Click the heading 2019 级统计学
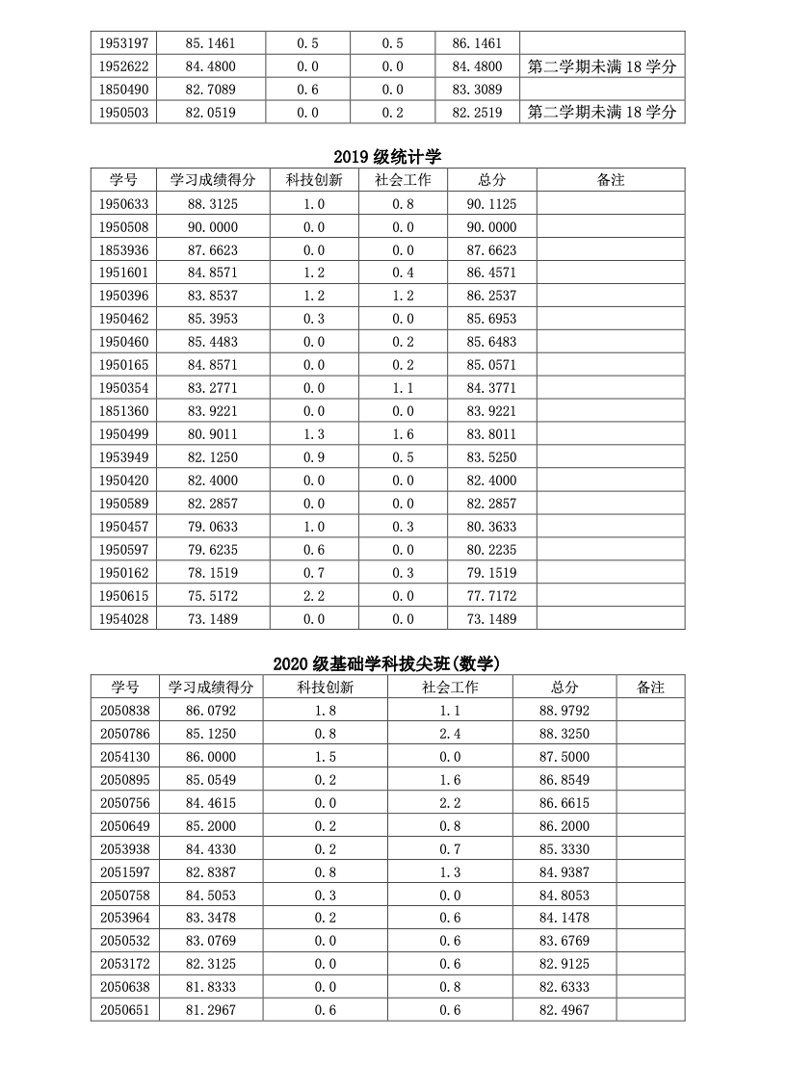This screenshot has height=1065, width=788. point(387,157)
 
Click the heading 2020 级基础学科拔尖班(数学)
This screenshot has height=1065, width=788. point(387,663)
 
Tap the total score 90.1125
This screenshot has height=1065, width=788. point(491,204)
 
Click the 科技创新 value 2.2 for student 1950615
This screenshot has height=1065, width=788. point(314,596)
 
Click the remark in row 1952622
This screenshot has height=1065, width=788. point(602,66)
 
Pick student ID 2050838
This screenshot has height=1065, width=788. point(125,711)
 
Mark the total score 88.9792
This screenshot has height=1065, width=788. point(565,711)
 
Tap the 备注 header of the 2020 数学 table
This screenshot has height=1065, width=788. point(651,688)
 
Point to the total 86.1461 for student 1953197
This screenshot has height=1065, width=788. point(477,43)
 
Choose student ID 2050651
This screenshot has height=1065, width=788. point(125,1010)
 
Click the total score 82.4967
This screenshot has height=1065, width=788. point(565,1010)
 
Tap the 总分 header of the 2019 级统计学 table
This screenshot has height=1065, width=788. point(491,180)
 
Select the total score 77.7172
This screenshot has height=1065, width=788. point(491,596)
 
